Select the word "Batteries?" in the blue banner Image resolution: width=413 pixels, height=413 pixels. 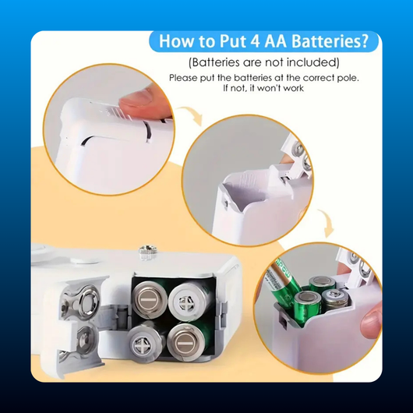(x=330, y=41)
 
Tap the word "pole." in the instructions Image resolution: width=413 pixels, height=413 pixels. (x=348, y=78)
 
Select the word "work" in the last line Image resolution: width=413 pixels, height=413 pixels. (x=293, y=88)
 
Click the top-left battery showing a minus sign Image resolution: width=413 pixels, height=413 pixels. (x=150, y=299)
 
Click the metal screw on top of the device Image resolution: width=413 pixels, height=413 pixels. (x=148, y=252)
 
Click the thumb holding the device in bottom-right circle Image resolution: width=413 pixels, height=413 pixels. (x=371, y=321)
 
